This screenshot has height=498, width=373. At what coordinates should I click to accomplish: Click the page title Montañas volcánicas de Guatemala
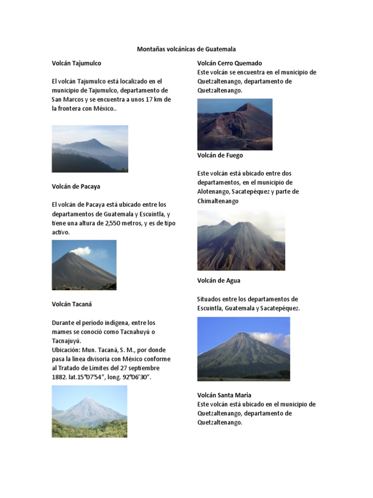coord(186,49)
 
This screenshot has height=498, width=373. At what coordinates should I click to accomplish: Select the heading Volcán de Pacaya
coord(76,186)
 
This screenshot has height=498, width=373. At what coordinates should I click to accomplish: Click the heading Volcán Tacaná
coord(71,304)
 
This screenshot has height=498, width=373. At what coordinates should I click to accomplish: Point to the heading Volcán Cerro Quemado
coord(229,63)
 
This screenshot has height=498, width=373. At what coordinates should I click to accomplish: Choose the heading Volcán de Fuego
coord(220,156)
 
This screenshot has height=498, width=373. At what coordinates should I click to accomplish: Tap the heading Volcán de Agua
coord(219,281)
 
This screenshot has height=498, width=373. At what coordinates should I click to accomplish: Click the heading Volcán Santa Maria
coord(224,395)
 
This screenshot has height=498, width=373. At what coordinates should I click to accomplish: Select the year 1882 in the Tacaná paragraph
coord(59,377)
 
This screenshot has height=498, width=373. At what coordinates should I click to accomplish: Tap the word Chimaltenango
coord(218,201)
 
